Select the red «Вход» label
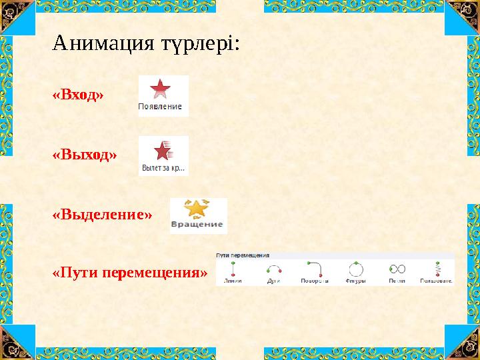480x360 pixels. (x=78, y=95)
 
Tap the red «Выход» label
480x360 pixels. (x=84, y=155)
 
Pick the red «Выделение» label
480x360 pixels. (x=102, y=215)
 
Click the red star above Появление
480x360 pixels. (x=160, y=89)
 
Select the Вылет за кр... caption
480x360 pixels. (x=163, y=168)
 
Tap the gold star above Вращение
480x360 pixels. (x=197, y=208)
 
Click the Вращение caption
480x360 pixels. (x=197, y=225)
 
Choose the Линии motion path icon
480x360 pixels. (x=233, y=268)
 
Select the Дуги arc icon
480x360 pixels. (x=273, y=268)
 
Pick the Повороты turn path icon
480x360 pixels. (x=314, y=268)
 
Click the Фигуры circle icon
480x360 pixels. (x=355, y=269)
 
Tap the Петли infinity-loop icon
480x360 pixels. (x=397, y=269)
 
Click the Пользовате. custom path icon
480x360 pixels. (x=437, y=268)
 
